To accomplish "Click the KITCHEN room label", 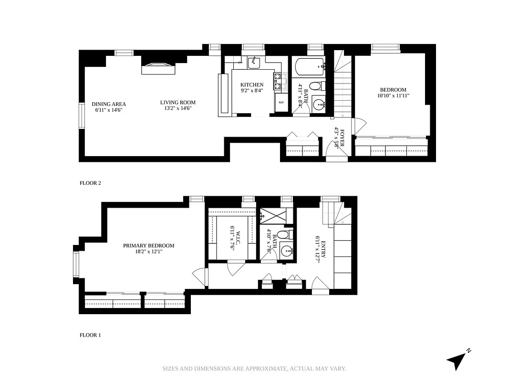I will point(251,85).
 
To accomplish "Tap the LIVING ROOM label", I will point(177,102).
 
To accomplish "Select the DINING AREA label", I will point(109,104).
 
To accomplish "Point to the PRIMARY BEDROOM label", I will point(148,245).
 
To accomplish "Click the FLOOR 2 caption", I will point(90,183).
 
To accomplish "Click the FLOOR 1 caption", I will point(90,335).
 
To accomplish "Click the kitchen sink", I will point(254,61).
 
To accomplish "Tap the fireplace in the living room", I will point(159,69).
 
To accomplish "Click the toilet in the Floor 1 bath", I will point(283,235).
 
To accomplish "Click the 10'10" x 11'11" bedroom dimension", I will point(393,95).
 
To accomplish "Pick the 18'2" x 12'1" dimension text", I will point(148,252).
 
